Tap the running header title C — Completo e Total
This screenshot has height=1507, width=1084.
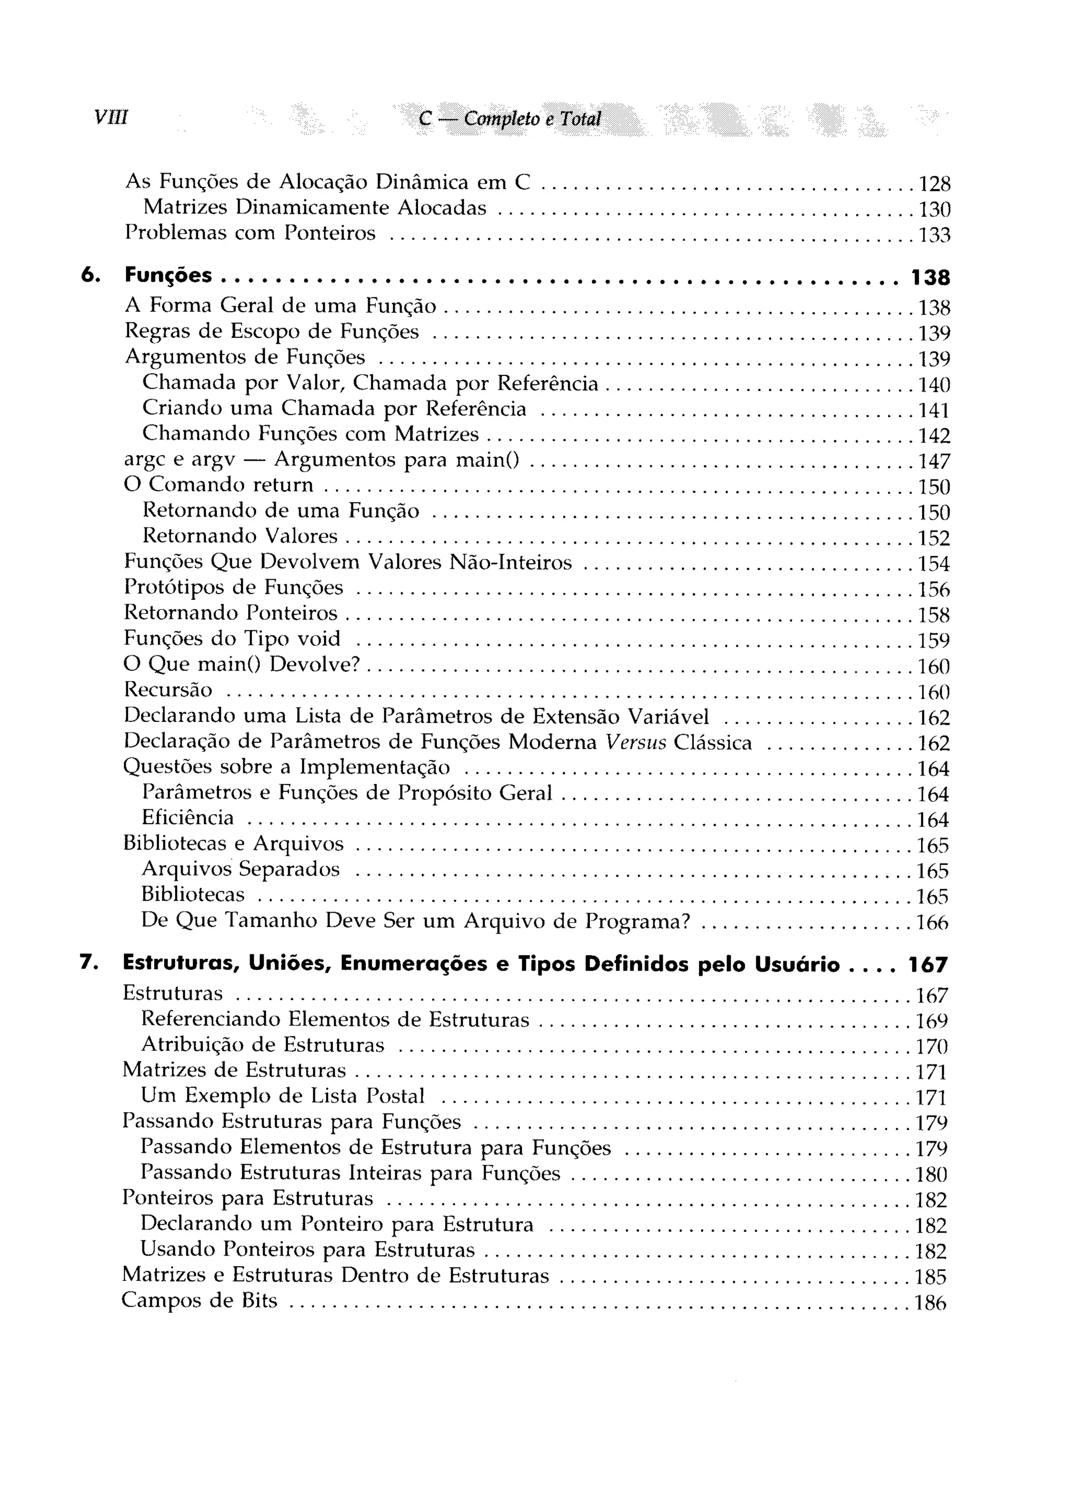click(x=510, y=119)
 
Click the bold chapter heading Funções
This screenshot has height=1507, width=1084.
click(x=169, y=275)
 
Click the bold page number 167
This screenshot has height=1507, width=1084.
click(x=928, y=965)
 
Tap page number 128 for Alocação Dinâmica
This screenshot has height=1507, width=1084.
click(x=934, y=183)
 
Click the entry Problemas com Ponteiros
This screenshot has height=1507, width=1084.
click(x=250, y=233)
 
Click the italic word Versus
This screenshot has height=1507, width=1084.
click(x=635, y=742)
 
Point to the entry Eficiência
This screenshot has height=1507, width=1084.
click(x=187, y=817)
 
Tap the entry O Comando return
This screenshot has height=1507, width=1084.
click(x=219, y=484)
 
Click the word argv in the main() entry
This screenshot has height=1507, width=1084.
click(x=213, y=461)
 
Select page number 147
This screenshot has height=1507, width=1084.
click(x=934, y=461)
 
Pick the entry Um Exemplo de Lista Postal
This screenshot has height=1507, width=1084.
click(x=283, y=1095)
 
